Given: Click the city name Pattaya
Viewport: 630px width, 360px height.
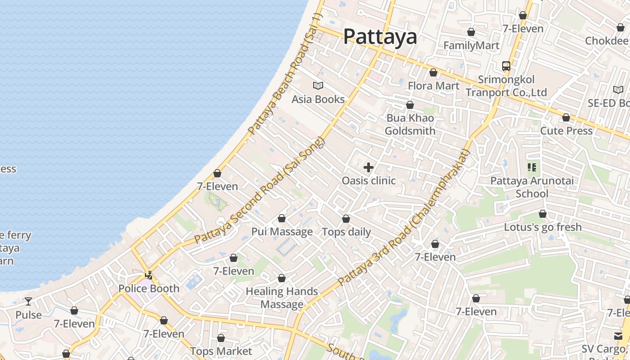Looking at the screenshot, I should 380,36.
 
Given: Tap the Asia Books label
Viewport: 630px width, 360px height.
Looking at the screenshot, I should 318,99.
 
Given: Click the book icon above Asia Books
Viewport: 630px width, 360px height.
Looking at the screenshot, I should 318,85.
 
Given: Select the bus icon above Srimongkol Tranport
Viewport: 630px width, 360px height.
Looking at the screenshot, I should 506,66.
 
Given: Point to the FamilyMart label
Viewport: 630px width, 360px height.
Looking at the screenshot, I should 471,45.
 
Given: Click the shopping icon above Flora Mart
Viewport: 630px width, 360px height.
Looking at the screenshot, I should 433,72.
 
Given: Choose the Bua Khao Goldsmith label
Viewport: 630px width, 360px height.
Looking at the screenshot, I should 410,125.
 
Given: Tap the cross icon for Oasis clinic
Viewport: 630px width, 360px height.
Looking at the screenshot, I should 369,168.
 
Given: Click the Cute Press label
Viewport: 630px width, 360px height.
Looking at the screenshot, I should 566,130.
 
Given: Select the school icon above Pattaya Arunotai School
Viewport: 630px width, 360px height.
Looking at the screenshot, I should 532,168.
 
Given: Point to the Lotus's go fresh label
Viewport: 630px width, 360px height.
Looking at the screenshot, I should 543,227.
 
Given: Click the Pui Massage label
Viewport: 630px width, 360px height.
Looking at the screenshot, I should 282,232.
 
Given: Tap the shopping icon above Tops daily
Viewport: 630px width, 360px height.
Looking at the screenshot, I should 346,219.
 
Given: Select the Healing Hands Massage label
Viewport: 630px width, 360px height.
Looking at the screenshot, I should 282,298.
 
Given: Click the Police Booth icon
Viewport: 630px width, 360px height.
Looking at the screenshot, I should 149,275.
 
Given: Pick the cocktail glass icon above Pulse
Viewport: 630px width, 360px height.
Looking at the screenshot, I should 28,301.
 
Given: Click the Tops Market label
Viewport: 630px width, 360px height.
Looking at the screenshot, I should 221,351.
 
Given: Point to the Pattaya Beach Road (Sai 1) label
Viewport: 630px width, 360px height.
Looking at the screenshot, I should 285,74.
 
